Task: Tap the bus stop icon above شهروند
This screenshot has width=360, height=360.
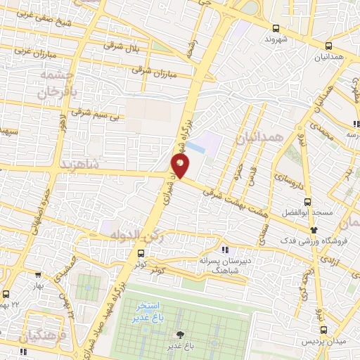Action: coord(275,29)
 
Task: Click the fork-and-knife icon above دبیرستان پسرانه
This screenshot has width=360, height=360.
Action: coord(224,250)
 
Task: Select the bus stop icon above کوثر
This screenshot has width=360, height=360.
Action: coord(141,253)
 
